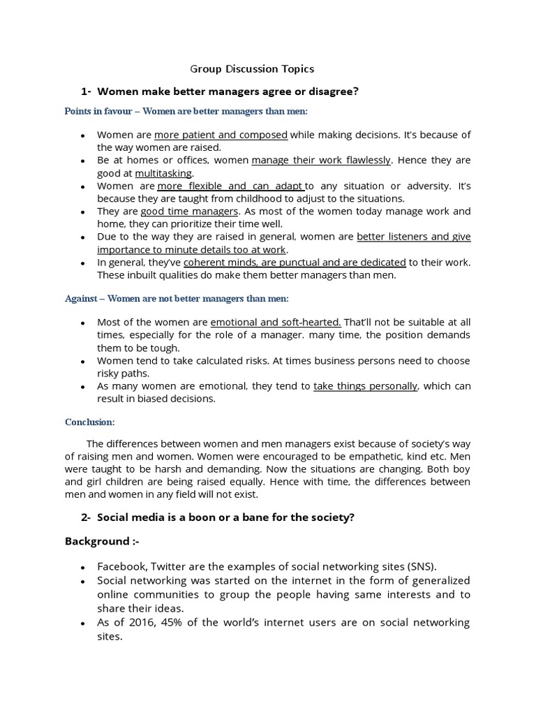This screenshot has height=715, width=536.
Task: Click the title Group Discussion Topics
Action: (252, 68)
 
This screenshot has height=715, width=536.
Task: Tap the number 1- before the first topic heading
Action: (87, 91)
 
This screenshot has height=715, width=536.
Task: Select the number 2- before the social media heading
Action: (87, 517)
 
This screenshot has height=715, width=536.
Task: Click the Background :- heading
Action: (97, 541)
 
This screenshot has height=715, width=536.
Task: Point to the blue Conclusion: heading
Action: (90, 422)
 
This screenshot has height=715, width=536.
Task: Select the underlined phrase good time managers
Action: (190, 211)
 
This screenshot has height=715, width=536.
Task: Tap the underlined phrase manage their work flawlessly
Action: (321, 160)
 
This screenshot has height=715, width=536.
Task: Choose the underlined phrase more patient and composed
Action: (221, 135)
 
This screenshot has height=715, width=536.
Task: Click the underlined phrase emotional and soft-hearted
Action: (276, 323)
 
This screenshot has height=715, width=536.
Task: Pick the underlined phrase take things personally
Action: (366, 386)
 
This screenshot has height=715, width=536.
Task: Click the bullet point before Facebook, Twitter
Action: (83, 568)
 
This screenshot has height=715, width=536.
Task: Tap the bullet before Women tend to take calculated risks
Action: (83, 362)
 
